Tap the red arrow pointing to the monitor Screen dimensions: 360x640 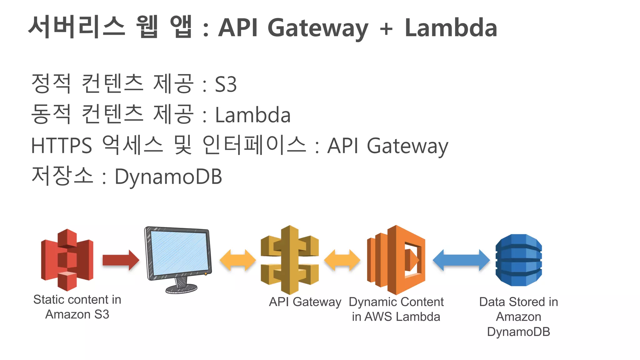click(x=121, y=260)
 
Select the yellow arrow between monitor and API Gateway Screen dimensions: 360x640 click(x=237, y=260)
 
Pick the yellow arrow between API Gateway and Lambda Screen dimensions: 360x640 click(x=342, y=260)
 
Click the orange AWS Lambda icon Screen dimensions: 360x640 click(x=396, y=260)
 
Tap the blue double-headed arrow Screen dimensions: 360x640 click(x=461, y=260)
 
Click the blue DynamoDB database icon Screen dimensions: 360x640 click(x=519, y=260)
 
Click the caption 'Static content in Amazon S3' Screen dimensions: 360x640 click(x=77, y=307)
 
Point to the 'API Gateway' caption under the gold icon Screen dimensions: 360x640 click(x=305, y=302)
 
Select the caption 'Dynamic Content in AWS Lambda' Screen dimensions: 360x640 click(x=396, y=309)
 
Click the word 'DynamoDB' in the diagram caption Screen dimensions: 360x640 click(x=518, y=332)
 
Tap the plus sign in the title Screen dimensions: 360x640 click(x=386, y=29)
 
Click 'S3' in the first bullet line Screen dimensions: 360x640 click(x=226, y=84)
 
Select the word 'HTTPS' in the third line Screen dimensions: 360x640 click(x=62, y=146)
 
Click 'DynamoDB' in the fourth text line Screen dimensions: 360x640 click(x=168, y=177)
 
